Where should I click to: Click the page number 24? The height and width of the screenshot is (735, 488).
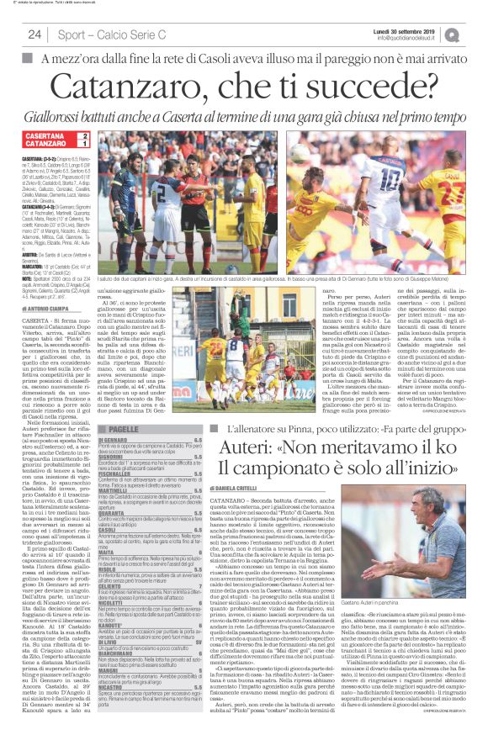click(34, 34)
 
